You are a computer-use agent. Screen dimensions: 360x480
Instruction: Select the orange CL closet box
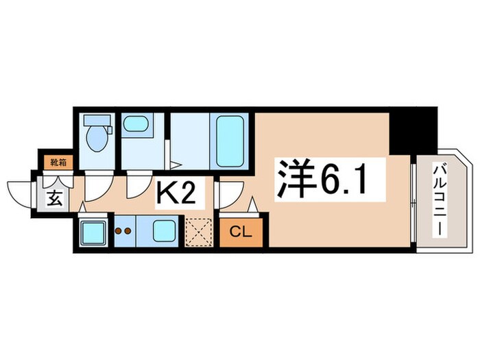point(236,231)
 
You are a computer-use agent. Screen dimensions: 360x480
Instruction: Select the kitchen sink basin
point(163,230)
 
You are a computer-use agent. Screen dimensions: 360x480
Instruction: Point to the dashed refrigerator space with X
point(201,232)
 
